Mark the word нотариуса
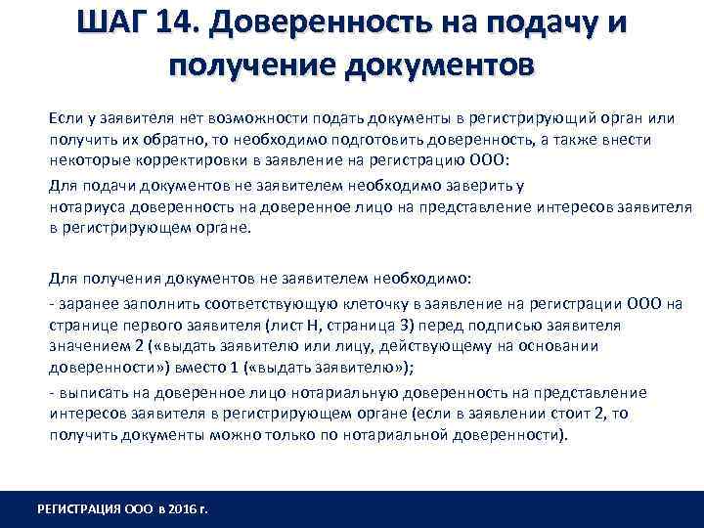(89, 206)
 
